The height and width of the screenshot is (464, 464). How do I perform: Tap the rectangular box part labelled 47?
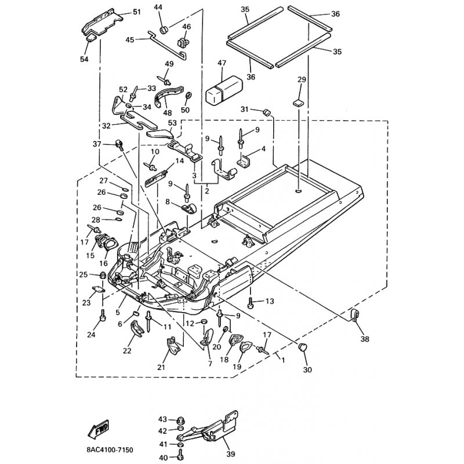(224, 88)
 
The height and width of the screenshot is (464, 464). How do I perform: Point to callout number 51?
(137, 12)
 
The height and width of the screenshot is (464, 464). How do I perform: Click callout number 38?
(364, 339)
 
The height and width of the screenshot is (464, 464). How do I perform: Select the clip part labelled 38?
(355, 316)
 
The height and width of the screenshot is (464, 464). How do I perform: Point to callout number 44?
(158, 7)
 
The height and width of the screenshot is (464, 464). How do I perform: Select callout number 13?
(269, 301)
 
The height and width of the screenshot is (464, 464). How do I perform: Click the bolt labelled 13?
(251, 302)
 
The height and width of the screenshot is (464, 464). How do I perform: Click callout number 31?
(244, 110)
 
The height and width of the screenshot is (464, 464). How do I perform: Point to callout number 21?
(161, 367)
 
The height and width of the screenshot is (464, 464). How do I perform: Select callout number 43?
(162, 419)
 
